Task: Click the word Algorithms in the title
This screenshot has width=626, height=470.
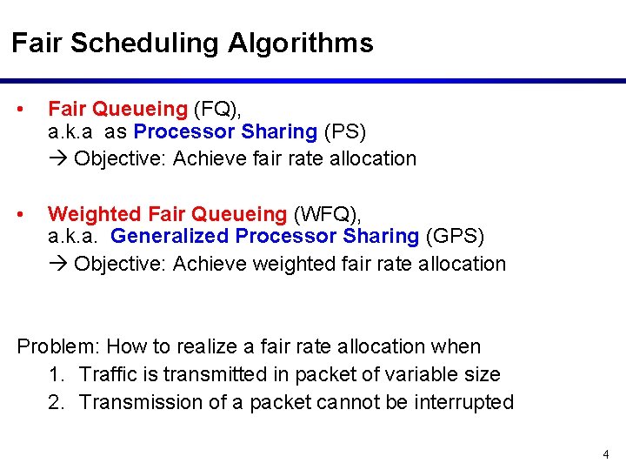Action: pos(301,44)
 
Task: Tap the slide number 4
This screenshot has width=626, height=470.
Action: pos(606,454)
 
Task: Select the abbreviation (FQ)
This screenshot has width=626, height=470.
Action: pos(216,109)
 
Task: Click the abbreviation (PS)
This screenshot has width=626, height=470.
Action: pos(345,132)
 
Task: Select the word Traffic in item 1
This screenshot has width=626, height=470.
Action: pos(110,374)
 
